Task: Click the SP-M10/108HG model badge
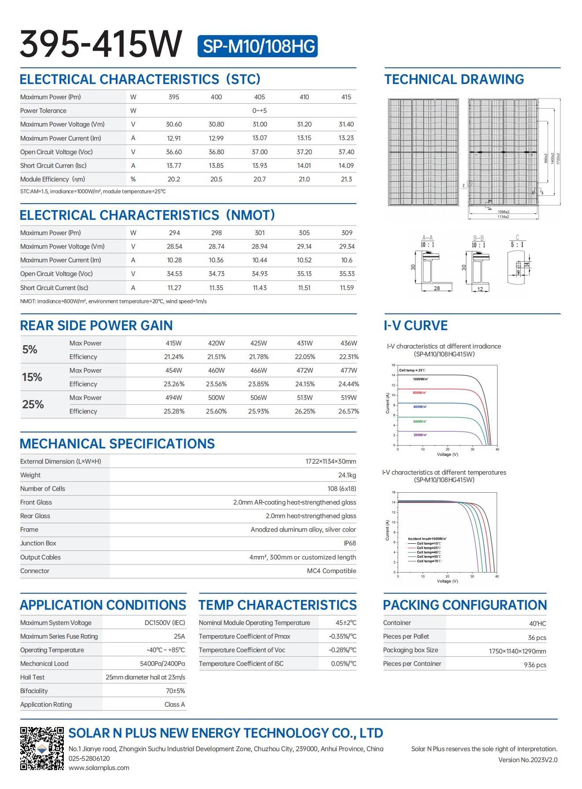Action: point(257,46)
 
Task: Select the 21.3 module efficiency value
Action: point(346,179)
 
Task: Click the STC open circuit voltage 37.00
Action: point(260,152)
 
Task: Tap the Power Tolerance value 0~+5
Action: point(260,111)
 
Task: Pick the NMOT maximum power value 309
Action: point(347,233)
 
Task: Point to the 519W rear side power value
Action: point(348,398)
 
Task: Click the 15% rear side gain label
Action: point(32,377)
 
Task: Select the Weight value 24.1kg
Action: point(347,475)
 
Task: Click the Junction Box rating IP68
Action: point(350,543)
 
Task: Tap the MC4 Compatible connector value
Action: point(331,571)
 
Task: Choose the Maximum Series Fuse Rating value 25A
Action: point(179,636)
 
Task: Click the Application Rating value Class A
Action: point(175,705)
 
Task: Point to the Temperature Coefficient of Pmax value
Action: point(343,636)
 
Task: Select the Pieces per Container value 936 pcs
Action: point(535,665)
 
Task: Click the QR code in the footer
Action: point(42,749)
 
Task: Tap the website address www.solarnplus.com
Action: point(99,768)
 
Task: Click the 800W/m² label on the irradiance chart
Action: point(419,393)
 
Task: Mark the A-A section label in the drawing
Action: point(427,238)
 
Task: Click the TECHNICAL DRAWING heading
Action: point(454,80)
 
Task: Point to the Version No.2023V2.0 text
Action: point(527,760)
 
